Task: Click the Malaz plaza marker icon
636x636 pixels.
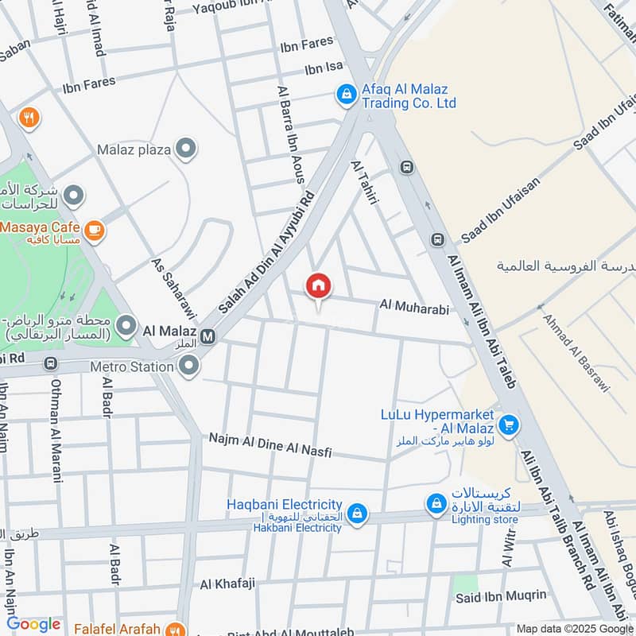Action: point(186,149)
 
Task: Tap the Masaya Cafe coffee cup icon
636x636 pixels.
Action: point(95,231)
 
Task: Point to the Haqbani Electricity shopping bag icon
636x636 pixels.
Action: point(357,510)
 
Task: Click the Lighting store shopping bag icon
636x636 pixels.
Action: point(436,503)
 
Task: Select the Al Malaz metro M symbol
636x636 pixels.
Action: point(208,336)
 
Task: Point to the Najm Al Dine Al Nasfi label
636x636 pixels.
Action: point(270,444)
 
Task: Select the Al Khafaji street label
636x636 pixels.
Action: point(227,584)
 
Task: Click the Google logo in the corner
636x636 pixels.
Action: point(33,624)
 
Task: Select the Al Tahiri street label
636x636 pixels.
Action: point(363,184)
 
